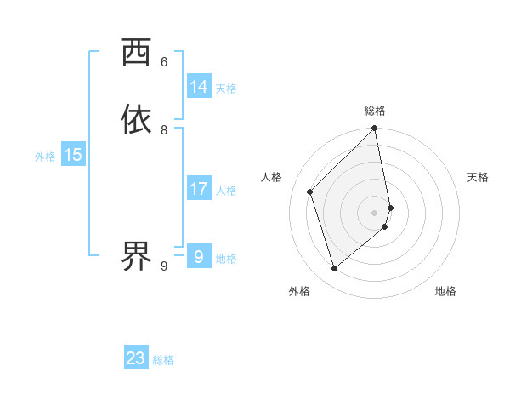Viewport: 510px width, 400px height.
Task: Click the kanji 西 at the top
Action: [136, 53]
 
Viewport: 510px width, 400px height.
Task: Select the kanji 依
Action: [136, 119]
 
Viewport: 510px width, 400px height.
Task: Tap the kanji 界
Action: [136, 254]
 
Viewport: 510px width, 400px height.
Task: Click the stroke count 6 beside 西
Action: [164, 62]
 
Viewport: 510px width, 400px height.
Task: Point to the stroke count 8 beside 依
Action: [164, 130]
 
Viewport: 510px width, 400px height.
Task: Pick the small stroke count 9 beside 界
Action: [164, 266]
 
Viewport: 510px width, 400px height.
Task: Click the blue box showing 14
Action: [199, 87]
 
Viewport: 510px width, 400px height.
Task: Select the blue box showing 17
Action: [199, 189]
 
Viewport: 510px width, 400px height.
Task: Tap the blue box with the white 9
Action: [199, 256]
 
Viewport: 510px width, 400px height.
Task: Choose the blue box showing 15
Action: [73, 155]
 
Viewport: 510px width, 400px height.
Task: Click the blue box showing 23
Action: [136, 358]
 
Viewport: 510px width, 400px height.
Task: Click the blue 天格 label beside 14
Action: [226, 89]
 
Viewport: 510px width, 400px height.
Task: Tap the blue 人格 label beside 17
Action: [226, 191]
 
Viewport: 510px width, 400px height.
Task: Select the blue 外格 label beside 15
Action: [45, 157]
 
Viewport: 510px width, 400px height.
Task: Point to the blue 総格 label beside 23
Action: [163, 360]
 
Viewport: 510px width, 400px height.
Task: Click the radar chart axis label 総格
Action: [375, 111]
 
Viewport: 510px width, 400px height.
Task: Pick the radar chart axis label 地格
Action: [445, 292]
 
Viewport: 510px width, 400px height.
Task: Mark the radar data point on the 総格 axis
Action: [375, 129]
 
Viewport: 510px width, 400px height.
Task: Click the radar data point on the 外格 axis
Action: [335, 269]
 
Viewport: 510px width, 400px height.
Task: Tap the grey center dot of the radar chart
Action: [375, 212]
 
